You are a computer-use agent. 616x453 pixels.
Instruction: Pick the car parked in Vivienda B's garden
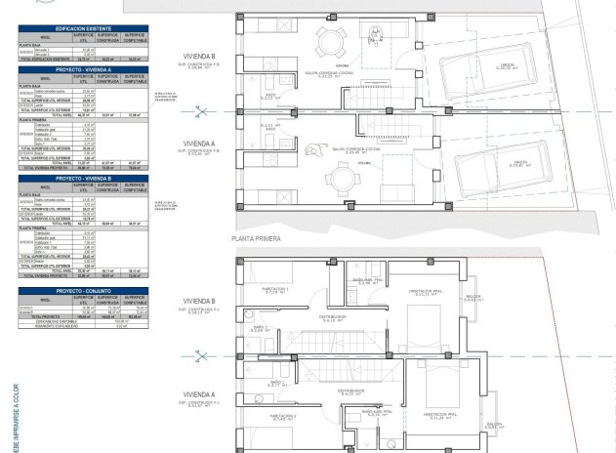pyautogui.click(x=471, y=68)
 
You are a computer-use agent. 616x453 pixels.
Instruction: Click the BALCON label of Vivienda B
pyautogui.click(x=472, y=297)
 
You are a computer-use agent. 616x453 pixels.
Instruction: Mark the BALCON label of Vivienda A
pyautogui.click(x=494, y=424)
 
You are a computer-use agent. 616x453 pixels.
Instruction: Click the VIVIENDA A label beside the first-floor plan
pyautogui.click(x=199, y=395)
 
